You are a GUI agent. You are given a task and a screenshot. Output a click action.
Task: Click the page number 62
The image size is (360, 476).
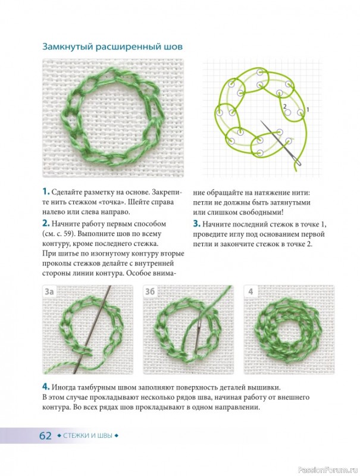point(45,436)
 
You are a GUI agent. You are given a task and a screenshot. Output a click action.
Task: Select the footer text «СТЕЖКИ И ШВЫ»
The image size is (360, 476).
point(87,436)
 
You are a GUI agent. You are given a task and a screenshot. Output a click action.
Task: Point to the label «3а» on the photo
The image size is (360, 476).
point(49,292)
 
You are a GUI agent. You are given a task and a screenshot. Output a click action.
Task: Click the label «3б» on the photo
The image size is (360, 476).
point(150,292)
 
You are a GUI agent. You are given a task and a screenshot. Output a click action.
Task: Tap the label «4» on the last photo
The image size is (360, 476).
point(251,292)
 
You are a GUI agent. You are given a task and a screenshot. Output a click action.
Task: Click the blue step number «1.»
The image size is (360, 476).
point(46,192)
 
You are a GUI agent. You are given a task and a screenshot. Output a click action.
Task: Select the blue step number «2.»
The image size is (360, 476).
point(46,224)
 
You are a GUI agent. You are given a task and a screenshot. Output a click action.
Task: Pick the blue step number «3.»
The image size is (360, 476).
point(197,224)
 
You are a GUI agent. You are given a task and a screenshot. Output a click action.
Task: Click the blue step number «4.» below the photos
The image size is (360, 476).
point(46,387)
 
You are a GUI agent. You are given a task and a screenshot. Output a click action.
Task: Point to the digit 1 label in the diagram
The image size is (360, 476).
point(308,109)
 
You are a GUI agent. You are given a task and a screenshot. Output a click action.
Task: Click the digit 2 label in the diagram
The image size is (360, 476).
point(284,107)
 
